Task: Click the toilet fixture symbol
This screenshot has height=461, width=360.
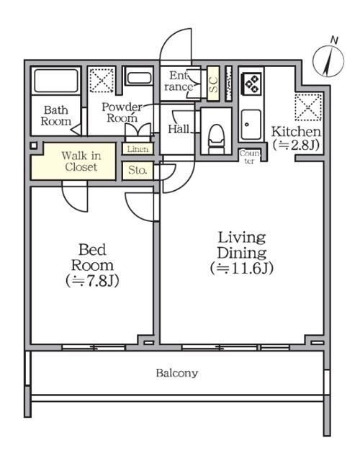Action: pos(216,139)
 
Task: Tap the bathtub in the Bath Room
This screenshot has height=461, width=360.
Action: pos(56,80)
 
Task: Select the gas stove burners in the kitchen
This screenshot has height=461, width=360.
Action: pos(251,84)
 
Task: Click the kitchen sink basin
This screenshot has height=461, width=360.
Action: pos(251,125)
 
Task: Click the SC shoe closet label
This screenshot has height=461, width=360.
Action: pos(213,84)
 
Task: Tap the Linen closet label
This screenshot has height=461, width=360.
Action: pos(138,149)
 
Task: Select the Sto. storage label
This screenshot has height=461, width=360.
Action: pos(138,170)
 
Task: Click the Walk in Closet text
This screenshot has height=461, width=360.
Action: pos(81,161)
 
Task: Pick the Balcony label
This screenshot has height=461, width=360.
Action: pos(177,373)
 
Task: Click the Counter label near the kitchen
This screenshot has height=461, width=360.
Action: pos(250,157)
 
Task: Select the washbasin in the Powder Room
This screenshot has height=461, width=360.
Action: pos(139,78)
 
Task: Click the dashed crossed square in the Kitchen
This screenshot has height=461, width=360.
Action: pos(308,107)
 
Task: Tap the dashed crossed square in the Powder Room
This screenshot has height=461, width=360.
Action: pos(102,81)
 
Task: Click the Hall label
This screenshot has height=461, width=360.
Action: pos(179,129)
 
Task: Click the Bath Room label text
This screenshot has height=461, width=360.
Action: pos(56,115)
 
